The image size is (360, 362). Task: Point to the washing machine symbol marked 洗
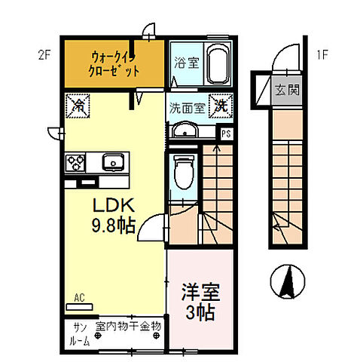221,106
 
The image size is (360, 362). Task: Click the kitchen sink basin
113,161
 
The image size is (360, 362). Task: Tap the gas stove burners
76,161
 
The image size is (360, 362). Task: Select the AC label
79,299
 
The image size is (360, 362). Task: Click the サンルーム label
81,334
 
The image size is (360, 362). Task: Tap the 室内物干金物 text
129,327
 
